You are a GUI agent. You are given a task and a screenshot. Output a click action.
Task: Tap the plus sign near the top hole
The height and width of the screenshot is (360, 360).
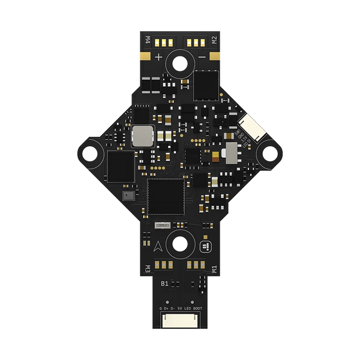coord(158,58)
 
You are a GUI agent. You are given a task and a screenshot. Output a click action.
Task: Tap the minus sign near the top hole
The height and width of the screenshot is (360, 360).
coord(202,58)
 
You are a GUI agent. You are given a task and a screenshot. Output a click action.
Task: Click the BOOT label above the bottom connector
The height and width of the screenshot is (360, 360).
coord(197,309)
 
